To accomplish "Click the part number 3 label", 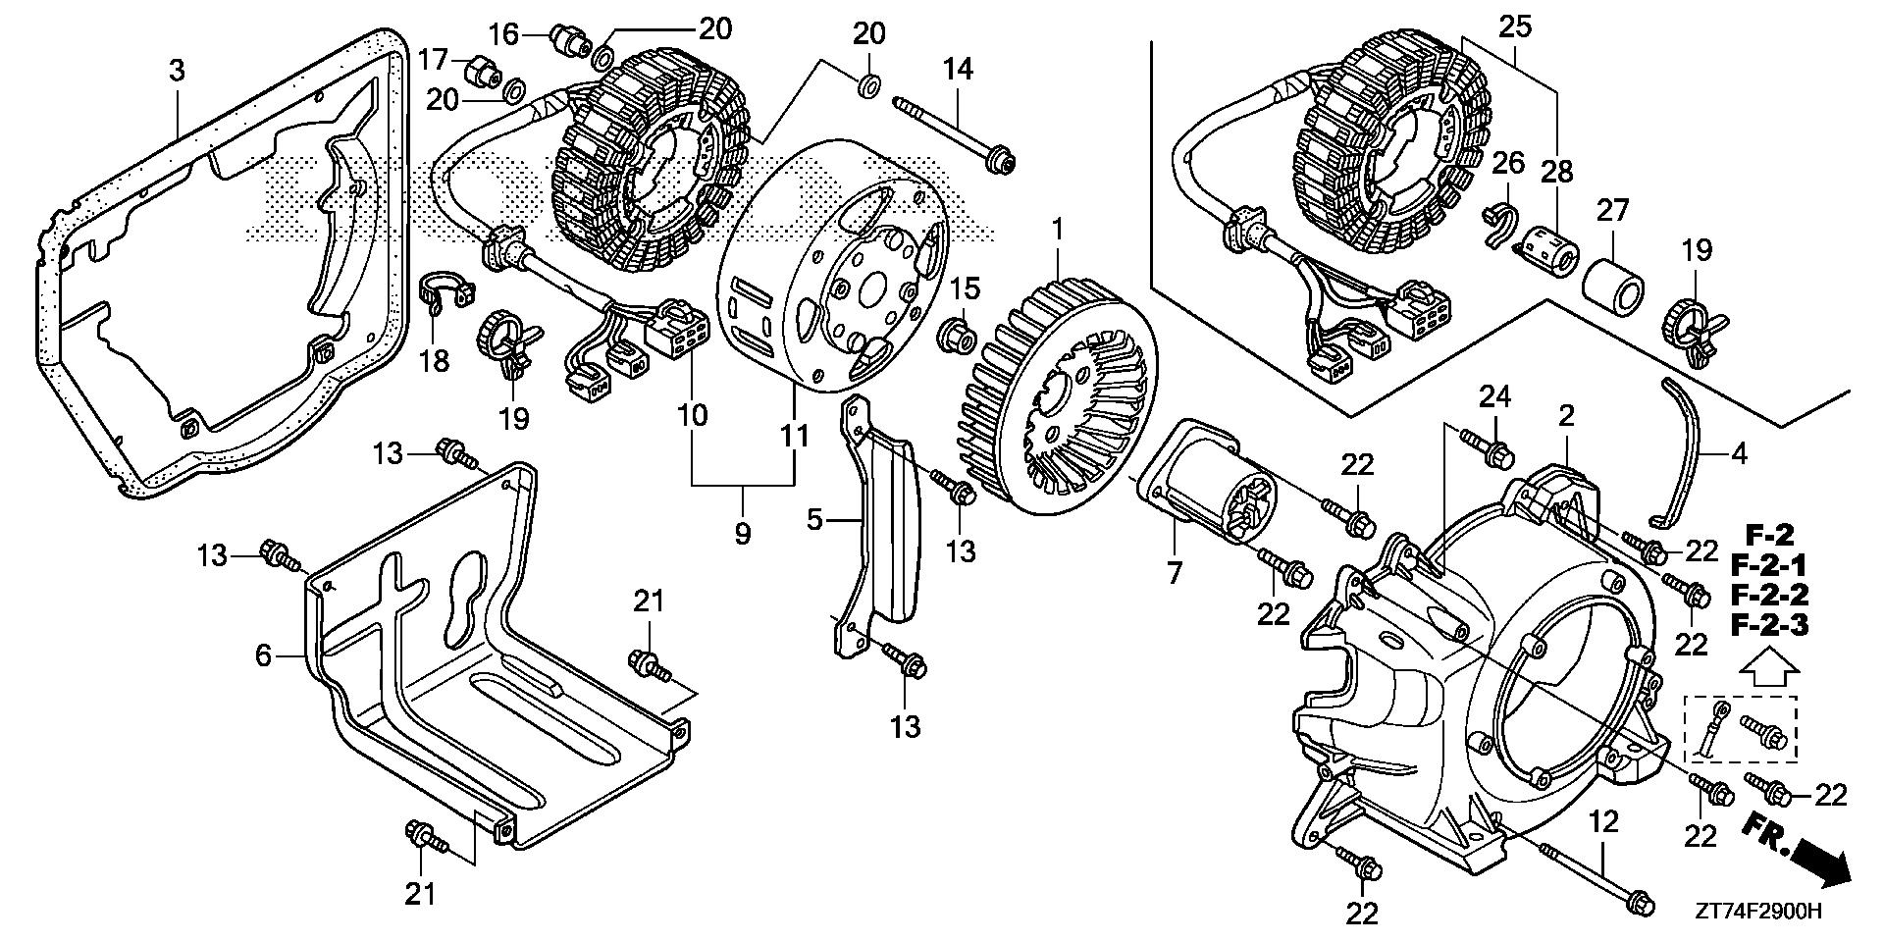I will pos(177,71).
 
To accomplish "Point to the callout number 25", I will pos(1515,26).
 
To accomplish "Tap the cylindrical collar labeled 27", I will pos(1612,285).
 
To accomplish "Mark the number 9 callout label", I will pos(742,534).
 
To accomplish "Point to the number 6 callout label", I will pos(263,654).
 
